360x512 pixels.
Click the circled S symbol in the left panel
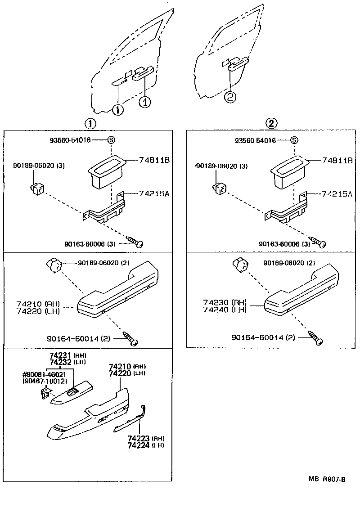tap(111, 140)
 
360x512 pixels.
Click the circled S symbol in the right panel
tap(294, 140)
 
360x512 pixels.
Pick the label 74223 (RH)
tap(145, 438)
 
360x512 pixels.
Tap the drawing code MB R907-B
tap(327, 480)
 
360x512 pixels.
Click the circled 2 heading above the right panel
tap(272, 123)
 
